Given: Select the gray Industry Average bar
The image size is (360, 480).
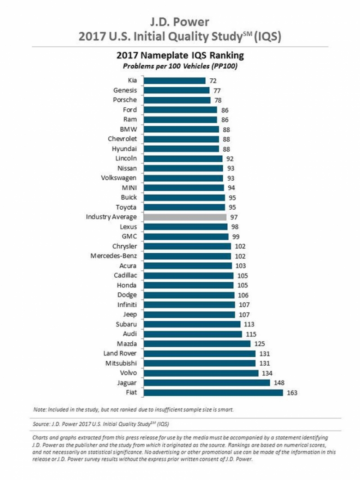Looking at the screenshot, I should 185,217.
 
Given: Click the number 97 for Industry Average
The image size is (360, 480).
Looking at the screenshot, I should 234,217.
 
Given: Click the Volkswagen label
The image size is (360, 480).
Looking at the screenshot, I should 119,178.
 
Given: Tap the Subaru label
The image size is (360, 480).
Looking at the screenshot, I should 127,324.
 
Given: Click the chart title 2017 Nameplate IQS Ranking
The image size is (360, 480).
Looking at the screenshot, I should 180,56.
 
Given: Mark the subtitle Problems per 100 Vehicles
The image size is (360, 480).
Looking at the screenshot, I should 180,67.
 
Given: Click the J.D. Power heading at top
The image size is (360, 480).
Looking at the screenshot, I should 180,21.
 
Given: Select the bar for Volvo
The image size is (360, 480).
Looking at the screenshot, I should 201,373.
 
